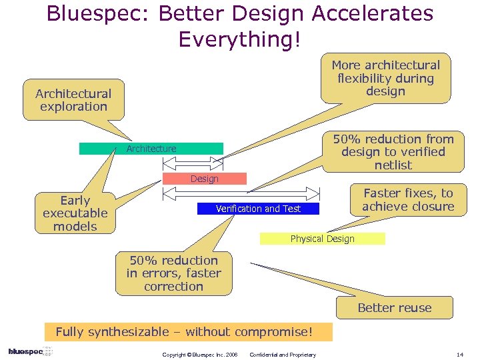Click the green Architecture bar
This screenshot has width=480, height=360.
coord(151,149)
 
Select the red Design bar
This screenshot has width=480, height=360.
coord(205,179)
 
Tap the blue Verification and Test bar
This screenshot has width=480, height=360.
coord(258,209)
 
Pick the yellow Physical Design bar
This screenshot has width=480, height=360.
coord(322,239)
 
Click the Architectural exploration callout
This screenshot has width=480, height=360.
coord(73,100)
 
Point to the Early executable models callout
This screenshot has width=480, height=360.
coord(75,213)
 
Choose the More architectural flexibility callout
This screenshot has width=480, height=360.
coord(386,79)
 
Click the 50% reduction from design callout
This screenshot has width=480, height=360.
coord(393,152)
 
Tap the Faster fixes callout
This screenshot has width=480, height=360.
coord(408,200)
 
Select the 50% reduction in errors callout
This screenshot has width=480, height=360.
coord(173,273)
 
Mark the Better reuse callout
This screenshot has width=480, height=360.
coord(395,308)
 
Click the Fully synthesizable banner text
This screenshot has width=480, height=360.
coord(183,332)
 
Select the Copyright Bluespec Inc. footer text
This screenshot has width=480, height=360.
coord(199,355)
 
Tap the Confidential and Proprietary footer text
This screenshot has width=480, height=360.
coord(282,355)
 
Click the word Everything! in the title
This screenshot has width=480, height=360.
coord(240,39)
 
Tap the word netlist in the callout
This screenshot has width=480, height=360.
coord(393,165)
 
